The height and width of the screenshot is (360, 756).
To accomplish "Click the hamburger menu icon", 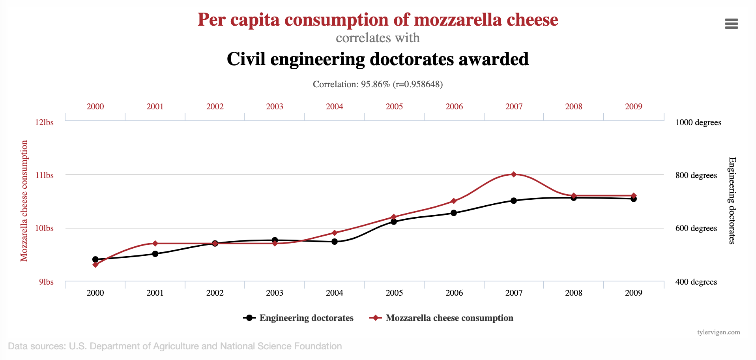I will pos(731,24).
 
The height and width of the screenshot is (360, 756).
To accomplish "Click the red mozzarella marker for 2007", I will pos(514,174).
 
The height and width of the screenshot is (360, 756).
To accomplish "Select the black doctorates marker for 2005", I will pos(394,222).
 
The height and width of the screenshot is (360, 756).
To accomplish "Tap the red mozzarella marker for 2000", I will pos(95,264).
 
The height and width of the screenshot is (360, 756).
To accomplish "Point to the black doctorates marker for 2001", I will pos(155,254).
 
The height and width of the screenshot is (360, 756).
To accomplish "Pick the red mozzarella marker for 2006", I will pos(454,201).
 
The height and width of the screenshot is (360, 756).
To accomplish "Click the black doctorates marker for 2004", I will pos(335,242).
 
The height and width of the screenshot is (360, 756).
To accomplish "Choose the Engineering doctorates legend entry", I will pos(299,318).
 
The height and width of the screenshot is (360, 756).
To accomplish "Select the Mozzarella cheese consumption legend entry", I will pos(442,318).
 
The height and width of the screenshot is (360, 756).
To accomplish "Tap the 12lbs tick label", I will pos(44,122).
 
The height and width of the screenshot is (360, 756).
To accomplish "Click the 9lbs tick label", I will pos(46,282).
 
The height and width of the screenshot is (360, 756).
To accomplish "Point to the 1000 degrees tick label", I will pos(698,122).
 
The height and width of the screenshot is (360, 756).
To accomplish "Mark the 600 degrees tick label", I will pos(696,228).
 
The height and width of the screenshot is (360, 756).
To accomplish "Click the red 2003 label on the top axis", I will pos(275,107).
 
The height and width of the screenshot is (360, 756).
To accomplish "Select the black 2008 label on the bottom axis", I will pos(574,293).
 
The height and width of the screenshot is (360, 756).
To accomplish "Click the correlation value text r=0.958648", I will pos(418,84).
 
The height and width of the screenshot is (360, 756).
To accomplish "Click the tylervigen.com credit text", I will pos(719,332).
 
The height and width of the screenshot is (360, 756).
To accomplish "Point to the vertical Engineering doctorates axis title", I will pos(732,201).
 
